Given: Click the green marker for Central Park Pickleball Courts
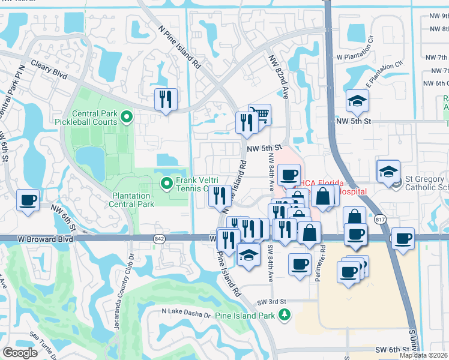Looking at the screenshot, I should [x=126, y=115].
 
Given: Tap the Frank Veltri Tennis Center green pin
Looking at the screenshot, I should [x=166, y=182].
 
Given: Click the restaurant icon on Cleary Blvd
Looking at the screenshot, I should [x=166, y=99].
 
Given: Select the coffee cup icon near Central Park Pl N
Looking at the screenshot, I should [x=28, y=200].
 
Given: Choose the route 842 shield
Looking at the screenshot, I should [x=159, y=238].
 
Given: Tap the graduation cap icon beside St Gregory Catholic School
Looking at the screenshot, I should [x=388, y=171].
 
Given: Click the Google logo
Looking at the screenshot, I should [x=20, y=352].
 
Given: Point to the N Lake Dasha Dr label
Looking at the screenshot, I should [x=187, y=313].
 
